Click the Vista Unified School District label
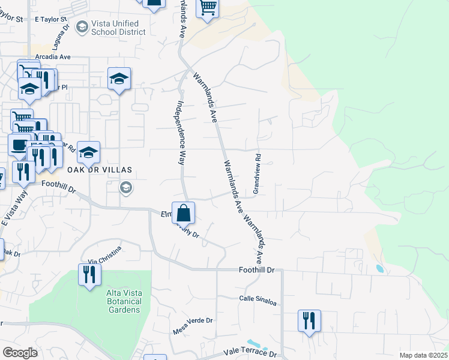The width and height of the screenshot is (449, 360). [118, 28]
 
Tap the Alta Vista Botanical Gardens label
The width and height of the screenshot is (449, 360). [124, 301]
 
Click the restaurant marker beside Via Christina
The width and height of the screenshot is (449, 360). [89, 275]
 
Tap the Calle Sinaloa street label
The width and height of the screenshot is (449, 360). [258, 299]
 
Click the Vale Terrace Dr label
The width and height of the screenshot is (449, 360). [249, 352]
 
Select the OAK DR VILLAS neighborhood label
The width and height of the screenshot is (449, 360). [99, 170]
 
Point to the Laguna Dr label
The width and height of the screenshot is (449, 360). [61, 37]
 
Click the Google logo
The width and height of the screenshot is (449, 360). [20, 352]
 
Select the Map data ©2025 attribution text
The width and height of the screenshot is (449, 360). [423, 355]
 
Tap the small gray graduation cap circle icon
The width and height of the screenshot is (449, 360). [125, 188]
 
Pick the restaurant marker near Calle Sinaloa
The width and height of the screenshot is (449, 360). [309, 320]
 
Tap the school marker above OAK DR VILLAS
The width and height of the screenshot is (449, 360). [88, 153]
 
